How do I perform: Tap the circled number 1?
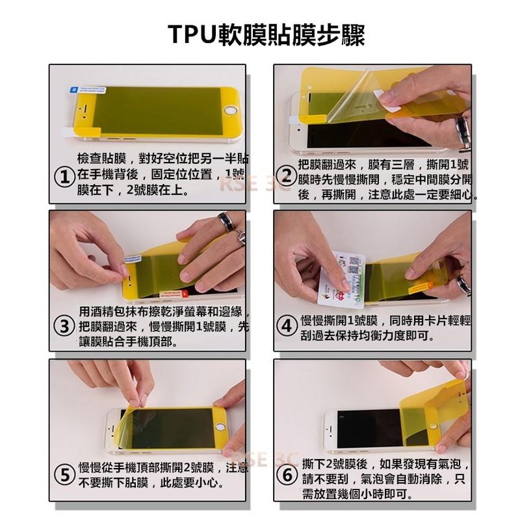pos(63,177)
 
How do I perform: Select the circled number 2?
pos(287,175)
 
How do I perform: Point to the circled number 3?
pos(63,327)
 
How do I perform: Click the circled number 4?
pos(287,327)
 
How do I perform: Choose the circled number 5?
pos(63,475)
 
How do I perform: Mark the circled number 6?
pos(287,475)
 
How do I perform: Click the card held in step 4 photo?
pos(341,279)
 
